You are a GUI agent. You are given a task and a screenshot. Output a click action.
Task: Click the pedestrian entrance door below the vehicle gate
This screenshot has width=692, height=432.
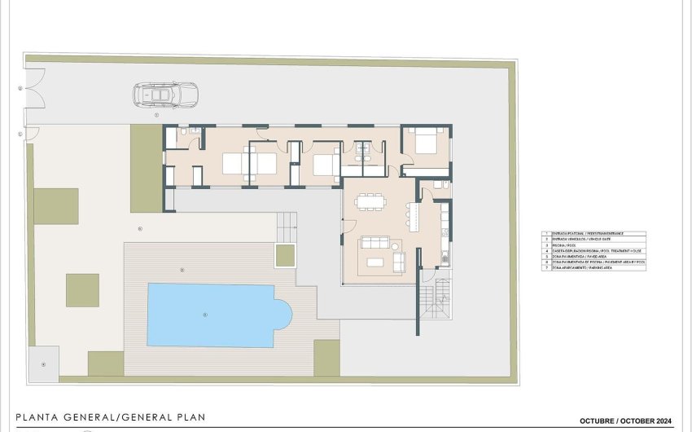[31, 132]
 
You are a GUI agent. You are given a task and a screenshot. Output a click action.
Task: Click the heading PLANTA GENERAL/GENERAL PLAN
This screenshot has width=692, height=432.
[111, 417]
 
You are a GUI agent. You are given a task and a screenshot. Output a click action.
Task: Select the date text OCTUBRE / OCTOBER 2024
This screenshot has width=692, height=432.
[626, 421]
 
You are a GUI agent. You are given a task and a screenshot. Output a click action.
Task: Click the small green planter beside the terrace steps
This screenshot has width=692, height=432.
[285, 256]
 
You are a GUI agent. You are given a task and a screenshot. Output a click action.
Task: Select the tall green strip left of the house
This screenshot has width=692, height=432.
[146, 168]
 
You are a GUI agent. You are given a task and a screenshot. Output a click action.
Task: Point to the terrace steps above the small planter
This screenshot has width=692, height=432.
[285, 223]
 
